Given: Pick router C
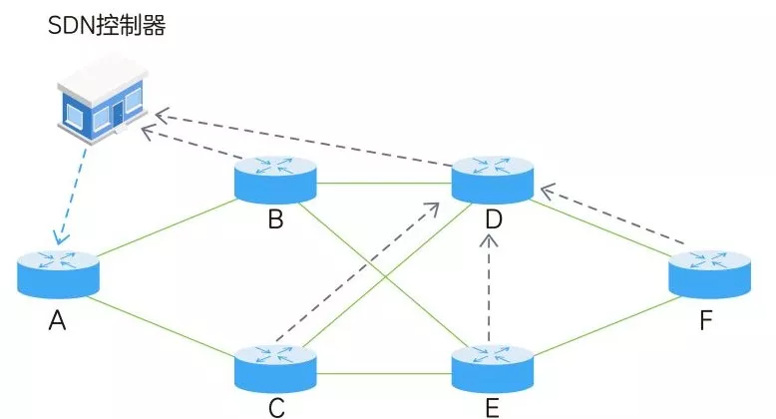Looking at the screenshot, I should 275,366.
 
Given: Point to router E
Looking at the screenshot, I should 492,366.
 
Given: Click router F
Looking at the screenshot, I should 708,270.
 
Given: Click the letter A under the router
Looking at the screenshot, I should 57,321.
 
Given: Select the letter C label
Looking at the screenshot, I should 275,407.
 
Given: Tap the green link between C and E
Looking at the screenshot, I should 384,375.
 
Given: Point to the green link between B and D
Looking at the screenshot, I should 384,183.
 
